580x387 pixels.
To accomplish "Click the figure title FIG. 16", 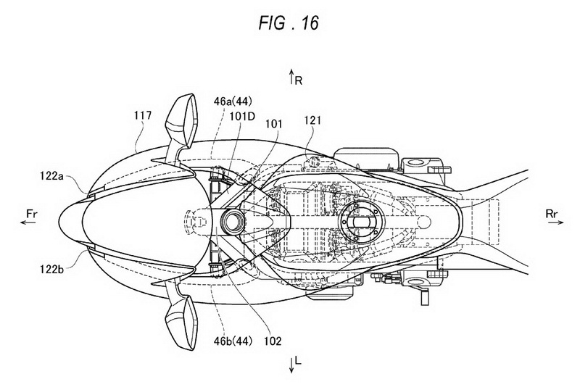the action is (x=288, y=24).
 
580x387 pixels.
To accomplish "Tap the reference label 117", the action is (x=143, y=116).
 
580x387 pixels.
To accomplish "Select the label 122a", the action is (x=51, y=176).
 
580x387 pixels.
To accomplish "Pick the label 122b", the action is (x=51, y=269).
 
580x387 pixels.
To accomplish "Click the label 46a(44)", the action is (x=233, y=101).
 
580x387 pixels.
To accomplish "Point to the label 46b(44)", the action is (x=233, y=341).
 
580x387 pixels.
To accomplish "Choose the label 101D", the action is (x=242, y=116).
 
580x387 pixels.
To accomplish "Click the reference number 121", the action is (x=313, y=120).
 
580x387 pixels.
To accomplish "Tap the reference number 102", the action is (x=273, y=341).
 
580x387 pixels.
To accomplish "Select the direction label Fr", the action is (x=32, y=213).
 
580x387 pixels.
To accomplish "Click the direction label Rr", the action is (x=552, y=213).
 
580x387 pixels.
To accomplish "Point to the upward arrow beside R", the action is (x=292, y=77).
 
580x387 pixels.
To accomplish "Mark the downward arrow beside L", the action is (x=292, y=365).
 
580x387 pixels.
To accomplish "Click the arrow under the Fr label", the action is (x=28, y=222).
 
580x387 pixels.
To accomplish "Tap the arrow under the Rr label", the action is (x=556, y=222).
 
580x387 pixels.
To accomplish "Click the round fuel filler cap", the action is (x=360, y=222).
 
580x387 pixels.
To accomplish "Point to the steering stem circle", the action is (x=233, y=222).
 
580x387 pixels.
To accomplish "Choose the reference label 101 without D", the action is (x=273, y=124).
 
